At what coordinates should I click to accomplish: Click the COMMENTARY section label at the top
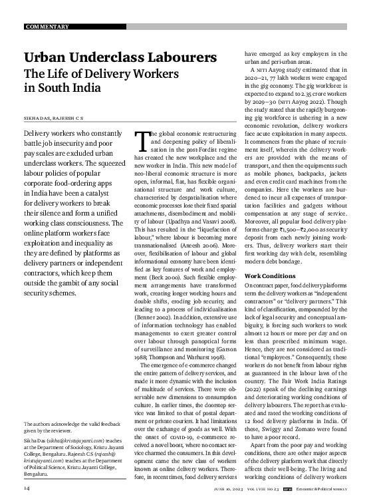tap(47, 27)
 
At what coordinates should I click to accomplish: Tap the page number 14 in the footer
tap(27, 489)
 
